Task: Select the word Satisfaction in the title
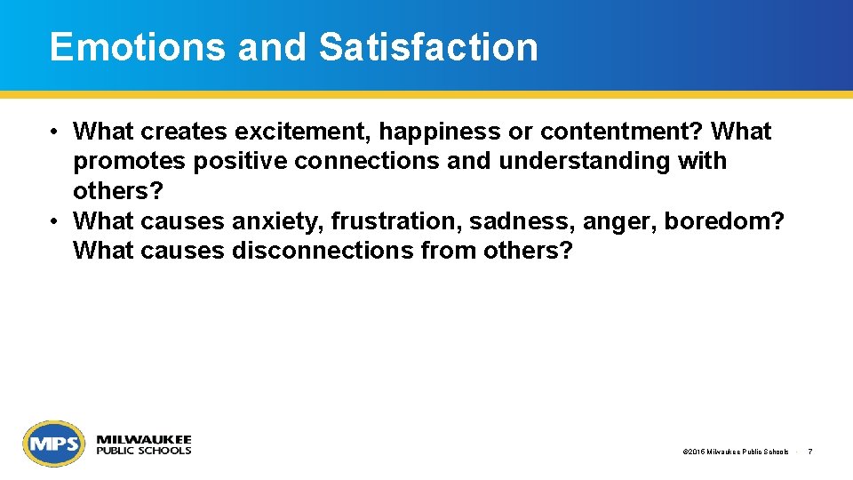point(428,47)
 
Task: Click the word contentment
point(620,132)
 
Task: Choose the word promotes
point(131,162)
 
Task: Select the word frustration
point(395,221)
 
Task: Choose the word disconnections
point(323,251)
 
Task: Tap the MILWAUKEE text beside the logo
point(143,439)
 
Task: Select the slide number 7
point(810,452)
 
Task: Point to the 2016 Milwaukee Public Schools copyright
point(736,452)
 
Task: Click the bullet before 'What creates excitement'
point(54,132)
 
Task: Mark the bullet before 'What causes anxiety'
point(54,221)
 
